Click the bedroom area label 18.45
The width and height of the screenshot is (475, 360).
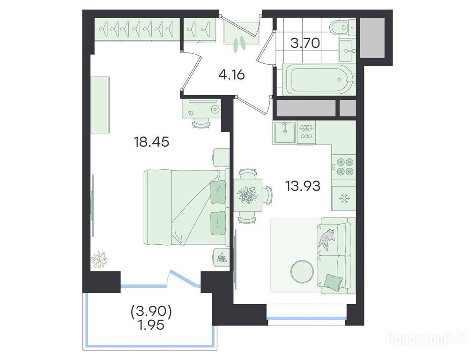[151, 142]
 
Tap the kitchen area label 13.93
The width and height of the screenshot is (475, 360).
[303, 186]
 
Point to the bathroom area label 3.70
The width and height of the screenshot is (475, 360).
[305, 43]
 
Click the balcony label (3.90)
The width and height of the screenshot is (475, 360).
[151, 312]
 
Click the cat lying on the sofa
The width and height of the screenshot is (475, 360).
[326, 238]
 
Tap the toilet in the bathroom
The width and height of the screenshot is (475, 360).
[343, 27]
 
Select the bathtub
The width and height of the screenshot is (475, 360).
[319, 79]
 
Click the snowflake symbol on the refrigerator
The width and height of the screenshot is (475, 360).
[344, 198]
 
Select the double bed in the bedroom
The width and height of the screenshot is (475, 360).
[186, 207]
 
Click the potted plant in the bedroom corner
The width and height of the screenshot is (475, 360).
[99, 260]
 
